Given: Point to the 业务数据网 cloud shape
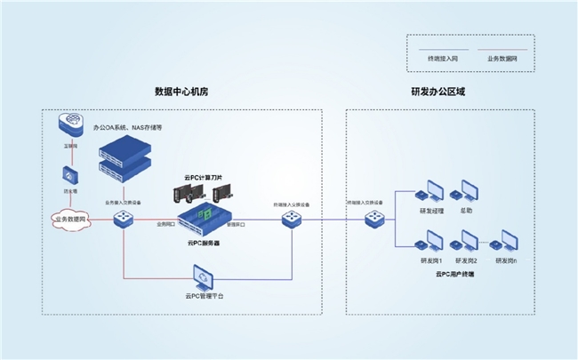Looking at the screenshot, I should tap(68, 218).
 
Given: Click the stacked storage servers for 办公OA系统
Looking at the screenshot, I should tap(123, 154).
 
